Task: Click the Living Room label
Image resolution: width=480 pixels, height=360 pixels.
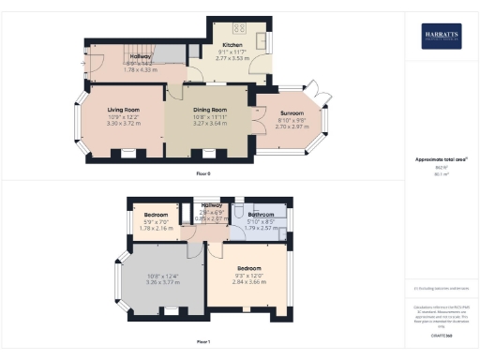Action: coord(123,110)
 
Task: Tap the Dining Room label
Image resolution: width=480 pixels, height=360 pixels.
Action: coord(208,109)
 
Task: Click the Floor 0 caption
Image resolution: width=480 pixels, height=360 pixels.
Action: coord(202,174)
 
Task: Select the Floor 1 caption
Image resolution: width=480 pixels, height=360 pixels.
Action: coord(202,342)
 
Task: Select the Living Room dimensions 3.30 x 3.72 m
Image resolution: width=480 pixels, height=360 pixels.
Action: coord(123,123)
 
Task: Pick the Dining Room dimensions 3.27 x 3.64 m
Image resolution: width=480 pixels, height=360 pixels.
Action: coord(208,122)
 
